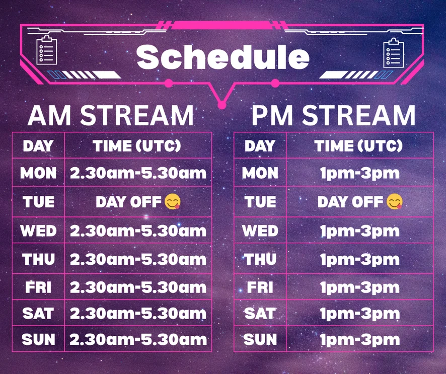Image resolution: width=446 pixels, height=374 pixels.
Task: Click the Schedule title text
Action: tap(222, 57)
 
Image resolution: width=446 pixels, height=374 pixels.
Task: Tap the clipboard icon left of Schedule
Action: tap(47, 50)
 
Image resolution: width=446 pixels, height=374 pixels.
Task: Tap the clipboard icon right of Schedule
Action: tap(394, 53)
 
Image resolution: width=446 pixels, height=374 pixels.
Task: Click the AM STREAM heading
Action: tap(111, 115)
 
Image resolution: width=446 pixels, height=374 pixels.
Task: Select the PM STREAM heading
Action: tap(333, 115)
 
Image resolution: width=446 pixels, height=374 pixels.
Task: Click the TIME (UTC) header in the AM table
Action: tap(137, 146)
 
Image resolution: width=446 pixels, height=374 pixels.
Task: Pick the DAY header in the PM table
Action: tap(260, 146)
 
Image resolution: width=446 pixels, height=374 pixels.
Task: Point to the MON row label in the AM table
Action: tap(38, 173)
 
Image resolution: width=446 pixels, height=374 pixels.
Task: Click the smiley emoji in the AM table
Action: tap(172, 202)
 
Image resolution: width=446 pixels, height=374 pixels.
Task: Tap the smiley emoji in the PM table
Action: tap(395, 202)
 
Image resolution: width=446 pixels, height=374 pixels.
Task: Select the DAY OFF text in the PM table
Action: tap(350, 202)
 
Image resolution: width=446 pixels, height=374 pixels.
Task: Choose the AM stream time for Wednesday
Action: tap(138, 231)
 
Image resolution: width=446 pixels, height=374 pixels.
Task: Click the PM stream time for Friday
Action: tap(360, 287)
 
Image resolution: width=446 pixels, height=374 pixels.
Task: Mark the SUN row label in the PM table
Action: tap(260, 340)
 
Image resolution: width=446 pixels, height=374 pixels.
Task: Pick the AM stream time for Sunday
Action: tap(138, 340)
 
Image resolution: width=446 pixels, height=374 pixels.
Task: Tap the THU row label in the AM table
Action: tap(38, 259)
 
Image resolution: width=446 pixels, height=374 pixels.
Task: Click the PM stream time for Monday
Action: tap(360, 173)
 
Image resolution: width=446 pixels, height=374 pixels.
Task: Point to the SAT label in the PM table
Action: tap(260, 314)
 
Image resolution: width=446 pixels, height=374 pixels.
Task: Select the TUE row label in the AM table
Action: tap(38, 202)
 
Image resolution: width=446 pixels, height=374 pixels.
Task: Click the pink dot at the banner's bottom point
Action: tap(222, 105)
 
